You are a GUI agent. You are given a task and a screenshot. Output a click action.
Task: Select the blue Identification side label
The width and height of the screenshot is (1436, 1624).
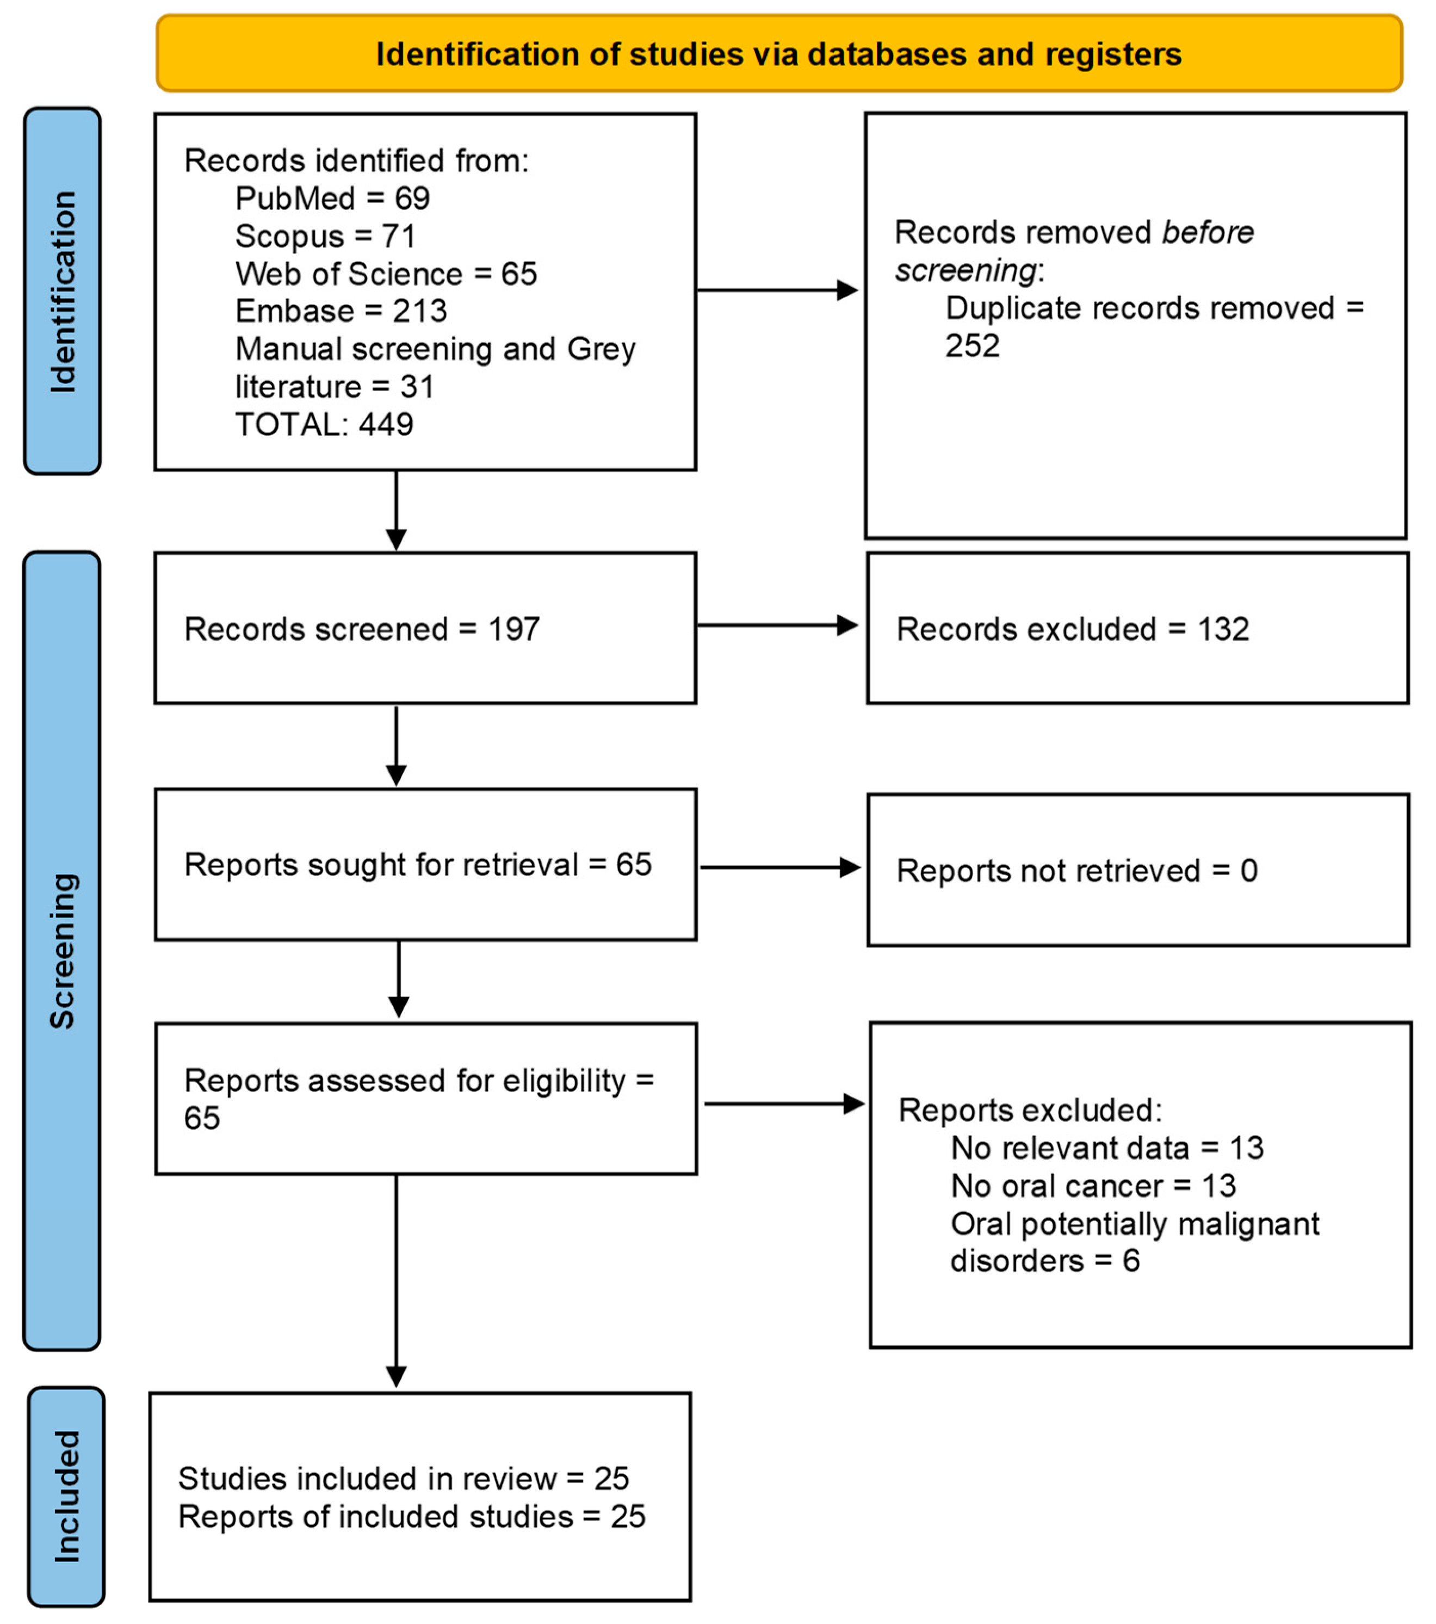coord(63,292)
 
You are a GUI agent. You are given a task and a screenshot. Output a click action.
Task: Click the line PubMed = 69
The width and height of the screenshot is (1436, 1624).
coord(332,198)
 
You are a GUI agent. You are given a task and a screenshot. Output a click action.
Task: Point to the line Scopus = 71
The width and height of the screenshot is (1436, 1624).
coord(325,236)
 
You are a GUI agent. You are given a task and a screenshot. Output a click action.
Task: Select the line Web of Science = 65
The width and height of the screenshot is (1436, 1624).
coord(386,274)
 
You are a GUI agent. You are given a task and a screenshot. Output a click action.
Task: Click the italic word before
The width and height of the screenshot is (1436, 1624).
coord(1207,233)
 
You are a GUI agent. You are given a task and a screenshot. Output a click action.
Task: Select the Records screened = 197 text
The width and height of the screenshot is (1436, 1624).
coord(362,629)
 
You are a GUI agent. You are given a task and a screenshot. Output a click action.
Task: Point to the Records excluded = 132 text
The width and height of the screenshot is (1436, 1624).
coord(1072,629)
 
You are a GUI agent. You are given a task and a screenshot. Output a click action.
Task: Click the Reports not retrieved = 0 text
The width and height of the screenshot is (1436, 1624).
coord(1076,871)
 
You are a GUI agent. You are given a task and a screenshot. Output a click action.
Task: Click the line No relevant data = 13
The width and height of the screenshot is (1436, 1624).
coord(1106,1148)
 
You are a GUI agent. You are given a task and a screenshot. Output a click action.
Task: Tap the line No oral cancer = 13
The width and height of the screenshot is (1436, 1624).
coord(1093,1186)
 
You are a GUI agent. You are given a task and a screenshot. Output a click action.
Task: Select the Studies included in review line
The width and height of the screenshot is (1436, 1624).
coord(403,1479)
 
